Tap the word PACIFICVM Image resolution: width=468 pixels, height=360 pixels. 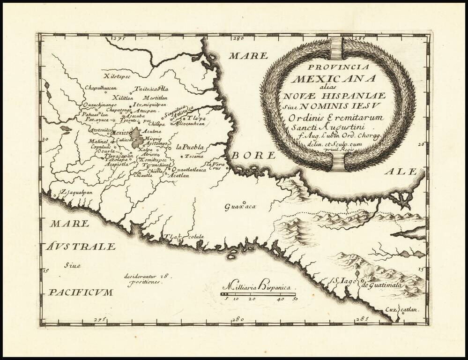pos(81,292)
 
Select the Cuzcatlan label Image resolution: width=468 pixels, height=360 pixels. pos(402,310)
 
